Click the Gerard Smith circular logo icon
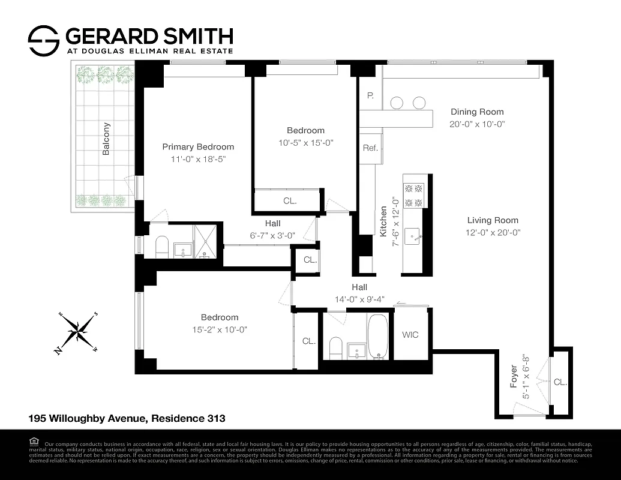coord(44,40)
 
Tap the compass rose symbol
coord(77,332)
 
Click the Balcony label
coord(106,139)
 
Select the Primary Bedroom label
coord(198,146)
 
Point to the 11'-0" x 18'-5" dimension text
coord(198,159)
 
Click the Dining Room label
coord(477,112)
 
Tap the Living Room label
coord(493,220)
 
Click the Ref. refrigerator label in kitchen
coord(370,148)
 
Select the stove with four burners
coord(413,195)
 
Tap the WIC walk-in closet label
coord(410,335)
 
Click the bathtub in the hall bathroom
coord(377,336)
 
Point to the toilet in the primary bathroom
coord(161,247)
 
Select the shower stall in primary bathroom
coord(206,240)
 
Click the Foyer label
coord(514,376)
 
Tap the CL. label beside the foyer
coord(560,382)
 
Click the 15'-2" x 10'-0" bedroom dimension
coord(219,329)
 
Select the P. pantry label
coord(370,95)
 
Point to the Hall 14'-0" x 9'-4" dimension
coord(359,299)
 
